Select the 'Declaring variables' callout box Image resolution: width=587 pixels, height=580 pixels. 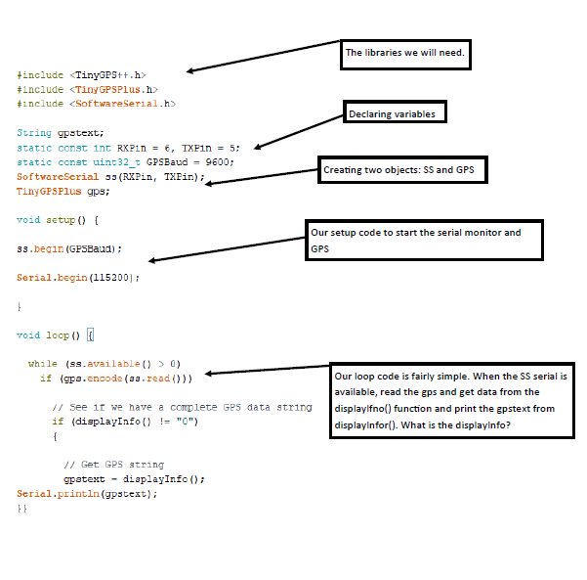pos(395,114)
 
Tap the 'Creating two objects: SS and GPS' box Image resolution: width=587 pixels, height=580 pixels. pos(402,170)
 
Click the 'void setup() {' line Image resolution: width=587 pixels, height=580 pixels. pos(58,220)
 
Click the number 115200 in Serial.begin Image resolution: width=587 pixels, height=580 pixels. pos(112,278)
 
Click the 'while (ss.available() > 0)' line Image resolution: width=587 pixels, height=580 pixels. pos(104,364)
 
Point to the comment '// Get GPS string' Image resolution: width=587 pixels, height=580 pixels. pos(113,465)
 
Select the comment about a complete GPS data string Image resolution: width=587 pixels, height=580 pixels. pos(182,407)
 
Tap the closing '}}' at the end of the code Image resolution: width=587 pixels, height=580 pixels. pos(22,509)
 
